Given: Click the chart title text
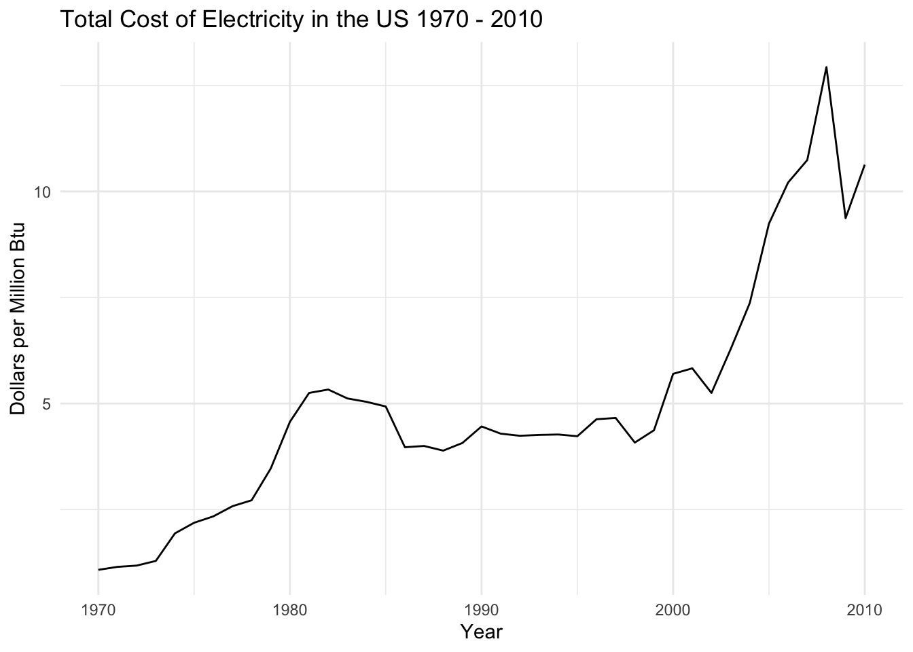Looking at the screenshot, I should click(301, 20).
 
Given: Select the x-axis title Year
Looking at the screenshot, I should click(481, 632).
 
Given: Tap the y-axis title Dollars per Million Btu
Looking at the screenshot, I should click(18, 319).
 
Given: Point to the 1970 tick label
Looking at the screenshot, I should click(99, 610).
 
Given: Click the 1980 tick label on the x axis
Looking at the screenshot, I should click(290, 610).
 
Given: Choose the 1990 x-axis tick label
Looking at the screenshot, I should click(481, 610).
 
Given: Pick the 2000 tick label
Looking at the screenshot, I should click(673, 610).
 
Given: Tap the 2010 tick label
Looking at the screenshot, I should click(864, 610).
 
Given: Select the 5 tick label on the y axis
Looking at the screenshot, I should click(48, 404).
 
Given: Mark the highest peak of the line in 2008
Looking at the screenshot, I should click(826, 67).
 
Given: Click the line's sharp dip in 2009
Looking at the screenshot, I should click(845, 218).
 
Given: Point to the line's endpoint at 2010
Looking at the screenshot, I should click(864, 165).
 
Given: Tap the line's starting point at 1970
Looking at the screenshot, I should click(99, 570).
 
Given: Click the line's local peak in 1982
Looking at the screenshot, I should click(328, 389).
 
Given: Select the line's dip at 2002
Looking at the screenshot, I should click(711, 393).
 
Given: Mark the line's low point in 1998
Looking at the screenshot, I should click(634, 443).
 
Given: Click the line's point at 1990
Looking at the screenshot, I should click(481, 427).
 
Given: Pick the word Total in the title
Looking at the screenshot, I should click(84, 20).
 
